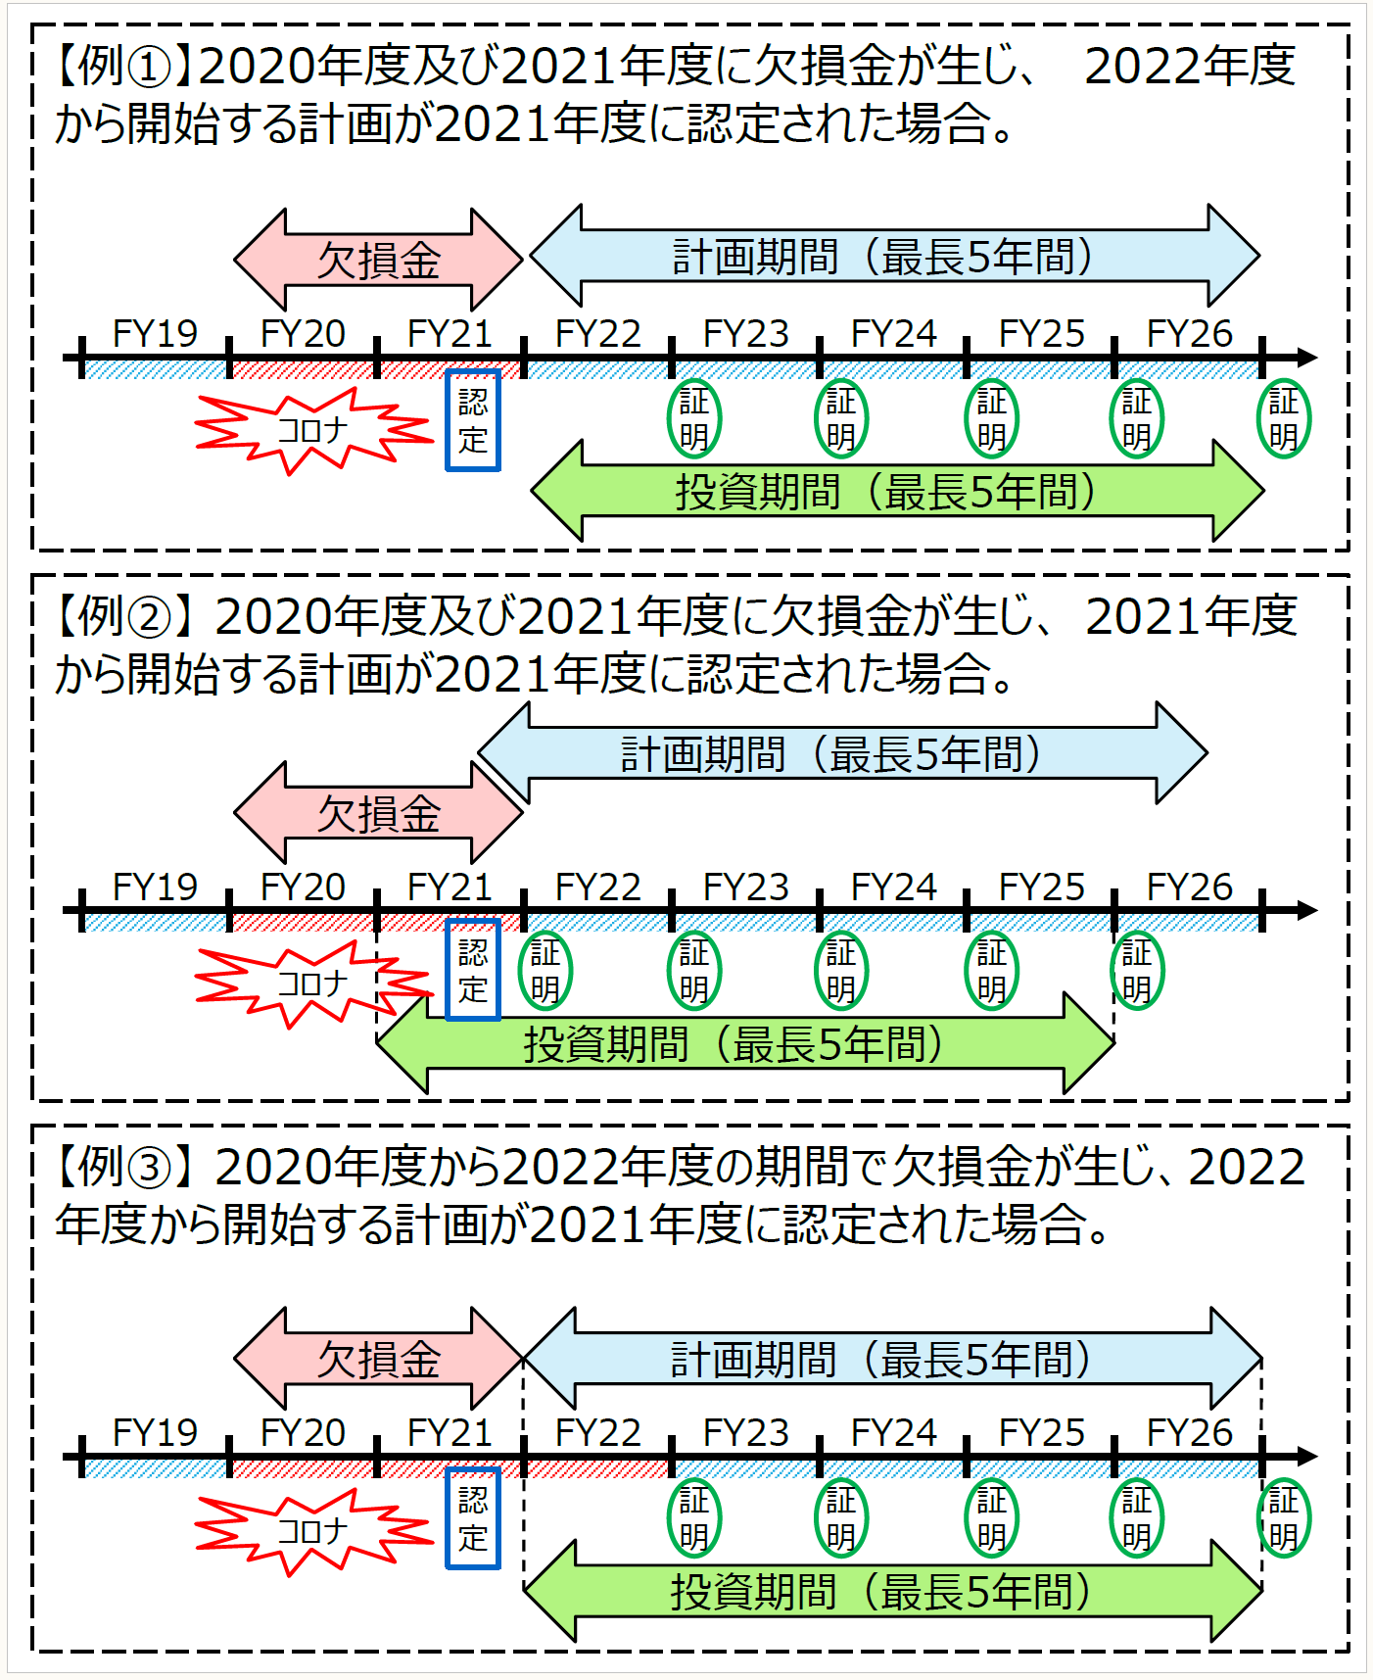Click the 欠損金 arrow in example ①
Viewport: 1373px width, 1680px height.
(x=378, y=261)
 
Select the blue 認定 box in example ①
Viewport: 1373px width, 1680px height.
(x=473, y=420)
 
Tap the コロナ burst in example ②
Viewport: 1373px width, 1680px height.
(x=311, y=983)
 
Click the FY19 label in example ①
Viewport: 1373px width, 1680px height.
(x=155, y=334)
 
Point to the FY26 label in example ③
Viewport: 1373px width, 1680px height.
(x=1189, y=1433)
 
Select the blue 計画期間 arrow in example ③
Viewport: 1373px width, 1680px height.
(x=891, y=1360)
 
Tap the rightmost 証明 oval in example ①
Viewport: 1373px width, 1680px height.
(x=1283, y=419)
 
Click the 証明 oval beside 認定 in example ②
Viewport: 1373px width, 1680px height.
(x=544, y=971)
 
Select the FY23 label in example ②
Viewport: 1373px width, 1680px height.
(x=745, y=888)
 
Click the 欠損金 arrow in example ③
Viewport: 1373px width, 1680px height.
(x=378, y=1360)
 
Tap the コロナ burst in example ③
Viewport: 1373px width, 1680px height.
(x=311, y=1531)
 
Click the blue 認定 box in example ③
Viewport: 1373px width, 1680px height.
(x=473, y=1518)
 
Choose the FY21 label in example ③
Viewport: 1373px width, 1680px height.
(x=450, y=1433)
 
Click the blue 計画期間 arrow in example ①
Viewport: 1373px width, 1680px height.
(x=893, y=257)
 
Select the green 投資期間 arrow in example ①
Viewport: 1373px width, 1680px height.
(x=896, y=492)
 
